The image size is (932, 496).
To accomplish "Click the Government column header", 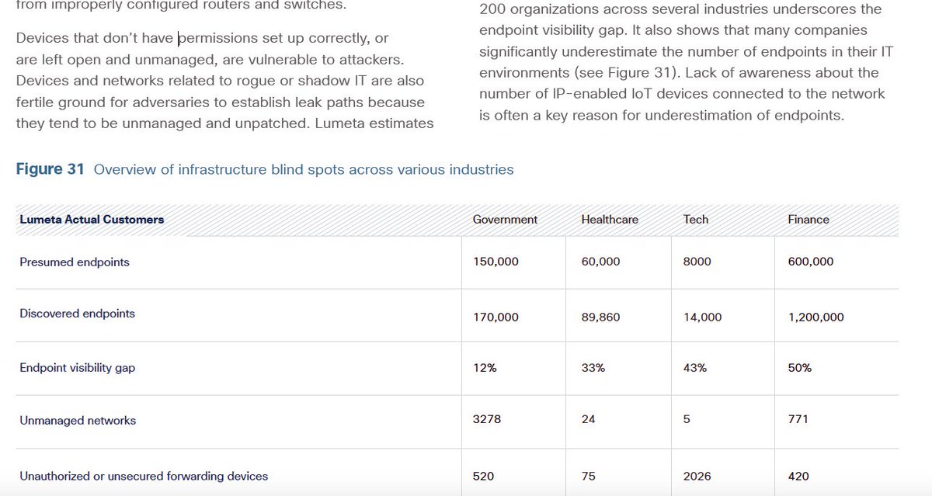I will pos(505,220).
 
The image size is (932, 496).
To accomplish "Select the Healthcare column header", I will pos(609,220).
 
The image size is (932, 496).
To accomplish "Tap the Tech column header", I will pos(696,220).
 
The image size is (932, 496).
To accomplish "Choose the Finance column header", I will pos(809,220).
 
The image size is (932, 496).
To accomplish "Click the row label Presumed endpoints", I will pos(75,262).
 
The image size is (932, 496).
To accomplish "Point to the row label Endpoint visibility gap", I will pos(77,368).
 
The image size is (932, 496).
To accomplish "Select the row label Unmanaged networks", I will pos(78,421).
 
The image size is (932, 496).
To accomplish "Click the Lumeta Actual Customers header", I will pos(92,220).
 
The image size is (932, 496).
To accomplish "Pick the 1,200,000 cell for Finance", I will pos(815,317).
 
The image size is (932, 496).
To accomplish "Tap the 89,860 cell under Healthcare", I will pos(600,317).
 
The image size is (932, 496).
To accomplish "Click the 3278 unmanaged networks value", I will pos(487,419).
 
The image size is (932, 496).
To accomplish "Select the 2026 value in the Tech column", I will pos(697,476).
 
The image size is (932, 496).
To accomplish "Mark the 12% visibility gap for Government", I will pos(485,368).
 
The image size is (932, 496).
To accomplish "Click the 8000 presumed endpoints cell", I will pos(697,262).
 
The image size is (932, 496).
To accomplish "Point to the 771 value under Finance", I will pos(798,419).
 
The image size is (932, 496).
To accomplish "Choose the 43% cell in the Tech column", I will pos(695,368).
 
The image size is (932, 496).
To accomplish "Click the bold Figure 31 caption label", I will pos(50,169).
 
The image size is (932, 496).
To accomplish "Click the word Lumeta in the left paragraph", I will pos(340,123).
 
